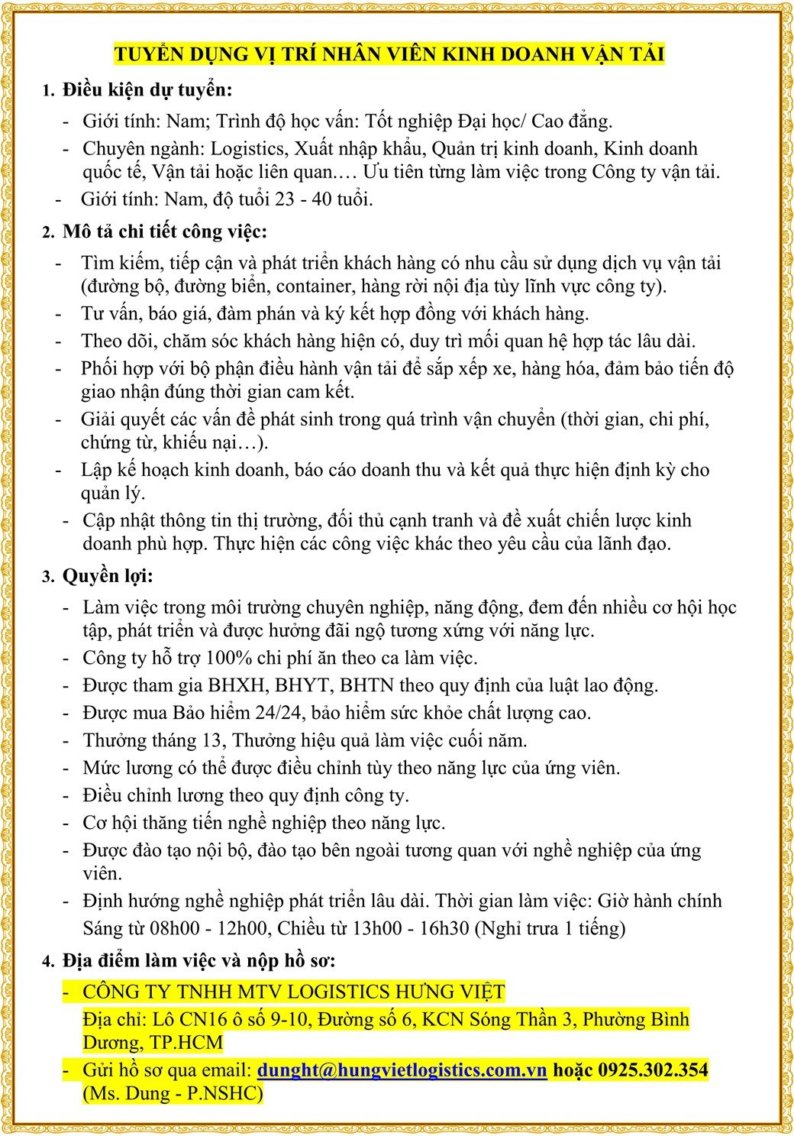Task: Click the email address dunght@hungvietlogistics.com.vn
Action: pyautogui.click(x=402, y=1070)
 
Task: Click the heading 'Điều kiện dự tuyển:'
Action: pyautogui.click(x=147, y=90)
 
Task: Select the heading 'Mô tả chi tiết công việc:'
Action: pyautogui.click(x=165, y=231)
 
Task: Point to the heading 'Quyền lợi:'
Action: pyautogui.click(x=108, y=576)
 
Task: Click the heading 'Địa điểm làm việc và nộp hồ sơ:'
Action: pyautogui.click(x=198, y=960)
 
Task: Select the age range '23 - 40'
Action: pyautogui.click(x=303, y=199)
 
